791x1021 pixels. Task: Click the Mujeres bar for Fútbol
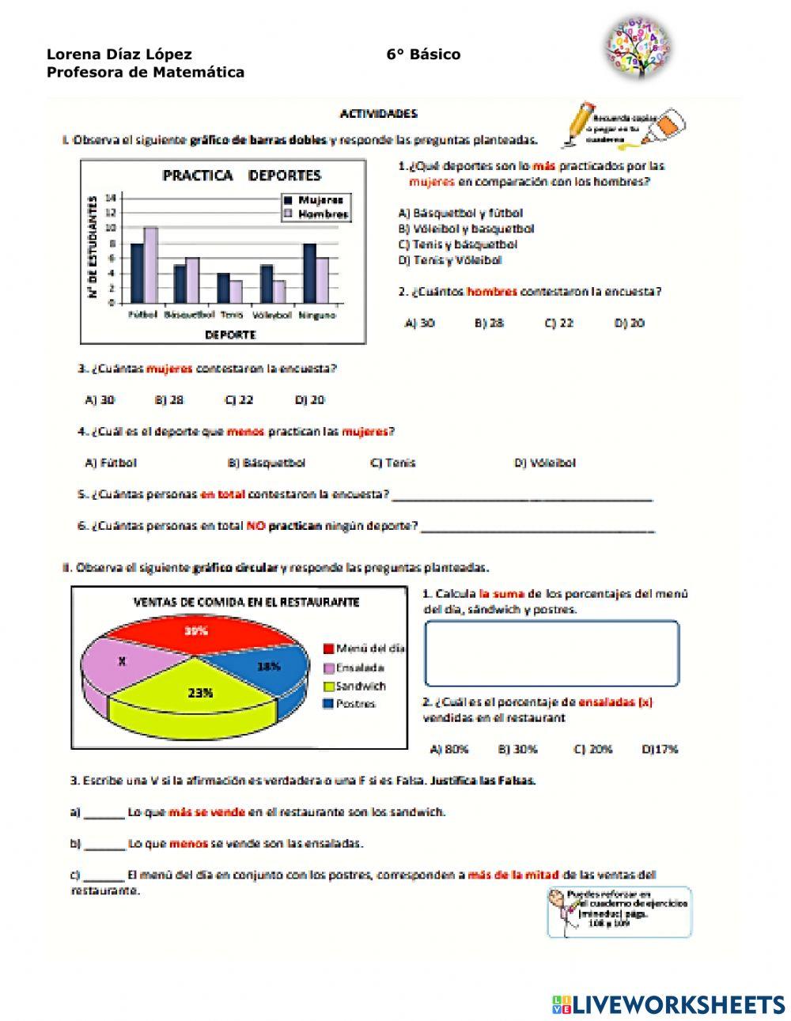tap(137, 273)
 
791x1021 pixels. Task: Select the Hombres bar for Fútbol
tap(150, 265)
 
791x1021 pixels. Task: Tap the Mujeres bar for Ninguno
tap(309, 273)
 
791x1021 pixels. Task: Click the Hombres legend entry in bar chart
tap(317, 214)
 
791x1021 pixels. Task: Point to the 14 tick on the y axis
tap(111, 197)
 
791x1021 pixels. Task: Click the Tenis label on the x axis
tap(231, 315)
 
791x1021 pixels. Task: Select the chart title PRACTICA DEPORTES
tap(241, 176)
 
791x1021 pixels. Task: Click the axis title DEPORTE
tap(230, 335)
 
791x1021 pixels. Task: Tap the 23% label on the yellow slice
tap(200, 693)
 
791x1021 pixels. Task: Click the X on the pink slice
tap(121, 661)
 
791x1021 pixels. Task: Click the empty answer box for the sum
tap(551, 653)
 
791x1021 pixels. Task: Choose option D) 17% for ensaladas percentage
tap(660, 749)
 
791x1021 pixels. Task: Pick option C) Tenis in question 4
tap(392, 463)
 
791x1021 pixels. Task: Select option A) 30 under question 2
tap(419, 323)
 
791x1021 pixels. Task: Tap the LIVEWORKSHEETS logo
tap(668, 1004)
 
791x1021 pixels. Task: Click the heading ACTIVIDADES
tap(378, 114)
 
